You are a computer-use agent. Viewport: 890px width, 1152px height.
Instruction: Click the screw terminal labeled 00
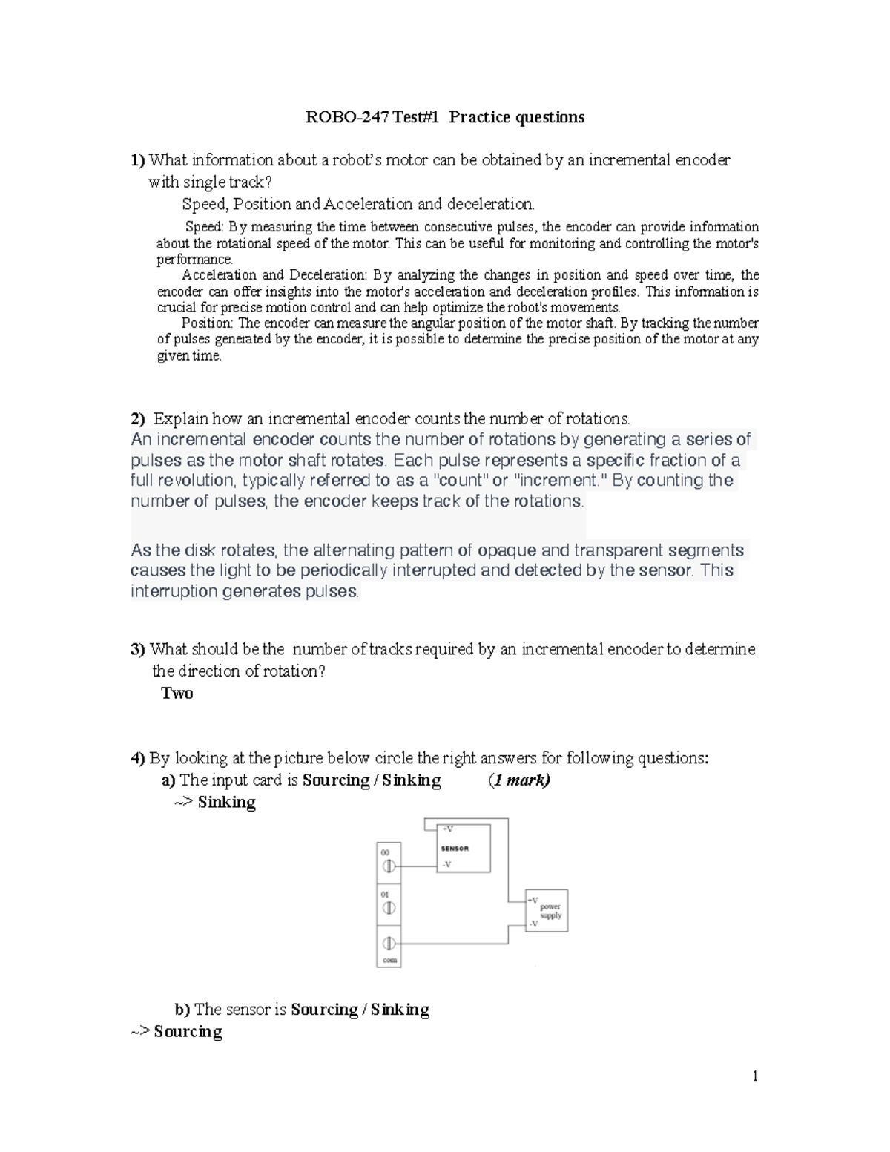click(388, 866)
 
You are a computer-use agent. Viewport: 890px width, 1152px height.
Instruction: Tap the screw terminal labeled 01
click(388, 908)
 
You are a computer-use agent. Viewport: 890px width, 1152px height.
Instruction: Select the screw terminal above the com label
click(388, 944)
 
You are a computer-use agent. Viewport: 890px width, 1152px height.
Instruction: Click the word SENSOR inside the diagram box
click(455, 849)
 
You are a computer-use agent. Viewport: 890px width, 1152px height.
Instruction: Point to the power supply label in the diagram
click(550, 911)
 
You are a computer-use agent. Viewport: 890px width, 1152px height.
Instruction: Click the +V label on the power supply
click(533, 900)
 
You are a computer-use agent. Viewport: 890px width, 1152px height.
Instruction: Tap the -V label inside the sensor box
click(446, 864)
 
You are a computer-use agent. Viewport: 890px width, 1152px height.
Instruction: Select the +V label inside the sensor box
click(447, 829)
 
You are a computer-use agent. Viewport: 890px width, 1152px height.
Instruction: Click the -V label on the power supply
click(533, 924)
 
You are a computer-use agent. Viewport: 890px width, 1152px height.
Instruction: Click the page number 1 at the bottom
click(755, 1076)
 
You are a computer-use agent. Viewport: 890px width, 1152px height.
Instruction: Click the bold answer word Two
click(177, 693)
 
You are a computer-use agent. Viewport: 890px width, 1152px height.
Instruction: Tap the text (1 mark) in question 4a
click(519, 780)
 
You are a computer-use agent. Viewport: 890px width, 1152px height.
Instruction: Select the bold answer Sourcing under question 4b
click(188, 1031)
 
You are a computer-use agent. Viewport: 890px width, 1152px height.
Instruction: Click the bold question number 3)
click(138, 649)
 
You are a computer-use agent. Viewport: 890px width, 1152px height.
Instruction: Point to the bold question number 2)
click(138, 418)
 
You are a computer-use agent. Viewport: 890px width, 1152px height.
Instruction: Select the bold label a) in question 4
click(168, 780)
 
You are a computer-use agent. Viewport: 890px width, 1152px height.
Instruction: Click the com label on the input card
click(389, 960)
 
